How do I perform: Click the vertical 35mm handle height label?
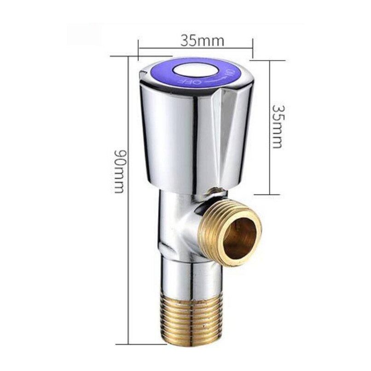tap(277, 125)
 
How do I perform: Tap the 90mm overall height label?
tap(118, 170)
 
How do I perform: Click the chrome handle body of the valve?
tap(175, 138)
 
